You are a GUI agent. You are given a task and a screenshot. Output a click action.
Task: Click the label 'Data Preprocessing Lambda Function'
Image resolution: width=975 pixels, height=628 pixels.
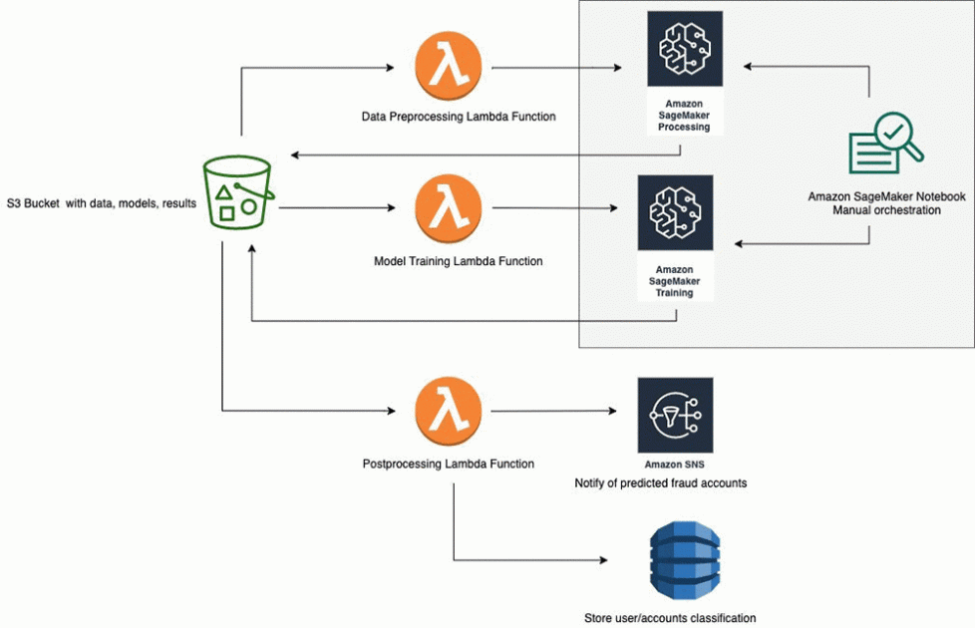(x=458, y=117)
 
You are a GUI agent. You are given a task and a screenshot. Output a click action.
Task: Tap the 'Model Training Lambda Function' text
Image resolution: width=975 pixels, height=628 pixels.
(x=458, y=261)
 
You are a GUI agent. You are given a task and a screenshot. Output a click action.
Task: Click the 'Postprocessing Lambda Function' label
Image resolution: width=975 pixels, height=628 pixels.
(x=448, y=464)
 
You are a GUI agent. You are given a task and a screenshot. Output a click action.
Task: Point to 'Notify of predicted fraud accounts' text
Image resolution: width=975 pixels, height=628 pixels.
(x=660, y=483)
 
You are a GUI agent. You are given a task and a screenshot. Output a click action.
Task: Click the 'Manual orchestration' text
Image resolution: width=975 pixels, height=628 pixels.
(x=886, y=210)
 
